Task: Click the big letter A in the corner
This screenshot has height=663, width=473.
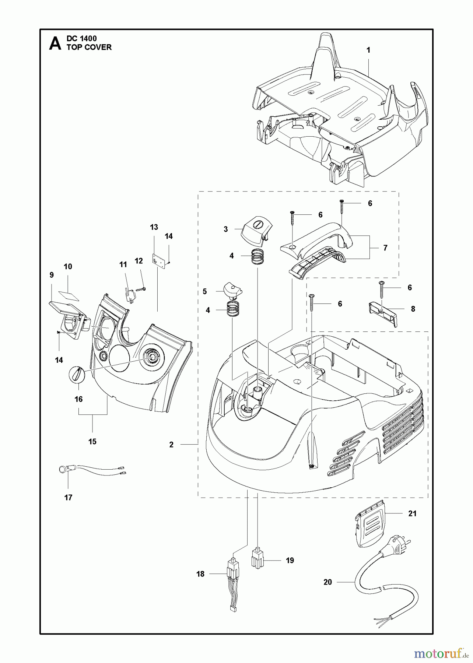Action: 55,43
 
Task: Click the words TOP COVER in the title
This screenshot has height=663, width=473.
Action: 89,47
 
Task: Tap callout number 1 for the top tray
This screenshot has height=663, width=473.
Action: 368,50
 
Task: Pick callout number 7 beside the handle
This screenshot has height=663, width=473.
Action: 385,248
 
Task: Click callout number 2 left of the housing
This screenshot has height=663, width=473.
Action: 171,445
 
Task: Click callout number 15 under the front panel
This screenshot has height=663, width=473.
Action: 92,441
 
